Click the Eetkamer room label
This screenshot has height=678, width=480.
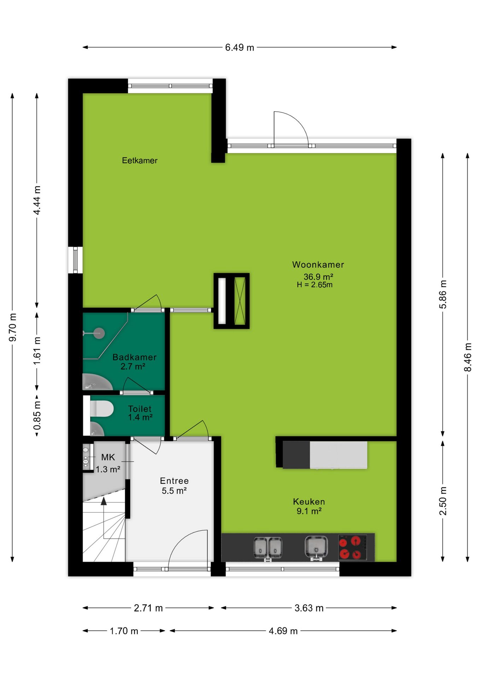pos(140,160)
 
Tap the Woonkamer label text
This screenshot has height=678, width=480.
pos(318,264)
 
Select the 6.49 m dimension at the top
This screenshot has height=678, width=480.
pos(240,47)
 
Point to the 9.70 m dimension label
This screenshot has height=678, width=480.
pos(13,327)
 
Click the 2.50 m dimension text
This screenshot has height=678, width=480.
pos(443,501)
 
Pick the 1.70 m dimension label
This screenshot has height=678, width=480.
pos(124,631)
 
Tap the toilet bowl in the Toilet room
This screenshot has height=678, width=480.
pos(102,409)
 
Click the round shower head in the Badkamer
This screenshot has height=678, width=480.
pos(99,333)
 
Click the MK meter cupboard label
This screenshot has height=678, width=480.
pos(108,457)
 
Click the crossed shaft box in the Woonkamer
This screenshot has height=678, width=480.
pos(240,301)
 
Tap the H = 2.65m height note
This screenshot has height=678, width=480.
pos(315,285)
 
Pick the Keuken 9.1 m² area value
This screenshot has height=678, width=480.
pos(309,511)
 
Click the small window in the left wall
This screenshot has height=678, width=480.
pos(75,260)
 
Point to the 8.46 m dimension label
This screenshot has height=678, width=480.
pos(468,357)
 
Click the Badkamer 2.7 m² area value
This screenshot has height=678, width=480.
pos(133,367)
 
